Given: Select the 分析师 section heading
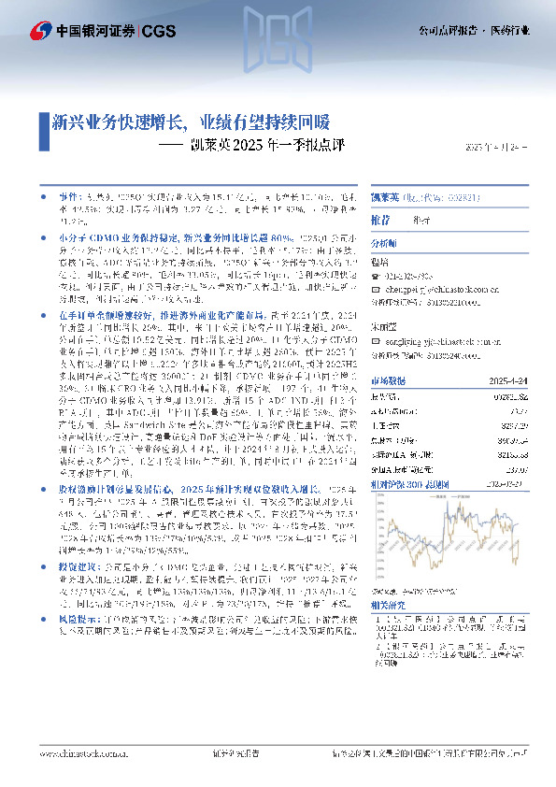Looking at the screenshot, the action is [384, 242].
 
